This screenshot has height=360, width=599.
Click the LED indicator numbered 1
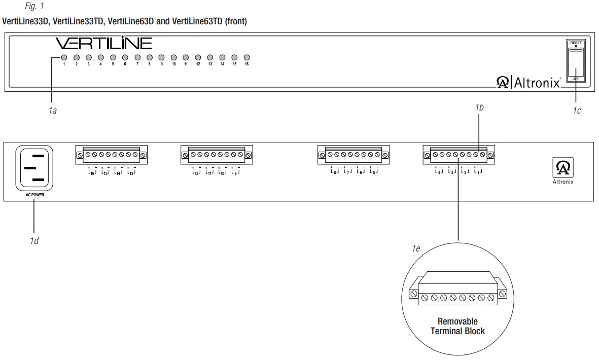tap(64, 58)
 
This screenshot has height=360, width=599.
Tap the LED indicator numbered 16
tap(246, 58)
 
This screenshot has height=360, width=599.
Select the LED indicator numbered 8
tap(150, 58)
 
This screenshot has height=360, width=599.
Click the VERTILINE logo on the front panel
tap(103, 43)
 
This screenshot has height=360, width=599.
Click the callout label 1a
tap(52, 111)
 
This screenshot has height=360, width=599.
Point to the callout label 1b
tap(480, 107)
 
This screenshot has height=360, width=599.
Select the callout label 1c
tap(577, 111)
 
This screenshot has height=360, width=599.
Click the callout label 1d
tap(34, 240)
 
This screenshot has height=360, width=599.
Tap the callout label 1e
tap(416, 249)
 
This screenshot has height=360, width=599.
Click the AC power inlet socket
tap(34, 168)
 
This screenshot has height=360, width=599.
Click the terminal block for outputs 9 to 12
tap(217, 155)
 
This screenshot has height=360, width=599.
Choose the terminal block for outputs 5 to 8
tap(354, 155)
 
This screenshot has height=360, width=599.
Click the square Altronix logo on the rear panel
tap(563, 168)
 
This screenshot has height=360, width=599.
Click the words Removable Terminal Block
tap(457, 326)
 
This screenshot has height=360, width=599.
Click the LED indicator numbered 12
tap(198, 58)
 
